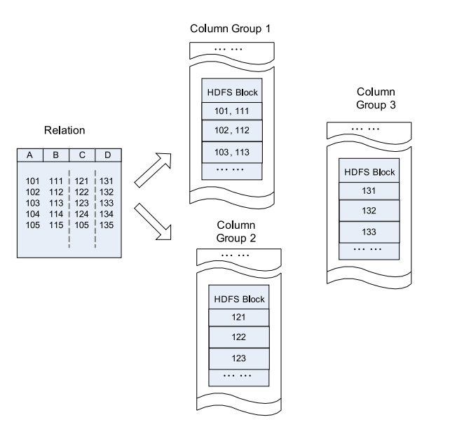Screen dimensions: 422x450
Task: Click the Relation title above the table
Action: click(x=66, y=130)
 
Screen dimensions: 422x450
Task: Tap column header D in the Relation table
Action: click(x=107, y=155)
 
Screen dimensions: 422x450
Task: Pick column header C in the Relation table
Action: click(x=82, y=155)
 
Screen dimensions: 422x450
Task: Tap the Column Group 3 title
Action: click(x=376, y=99)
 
